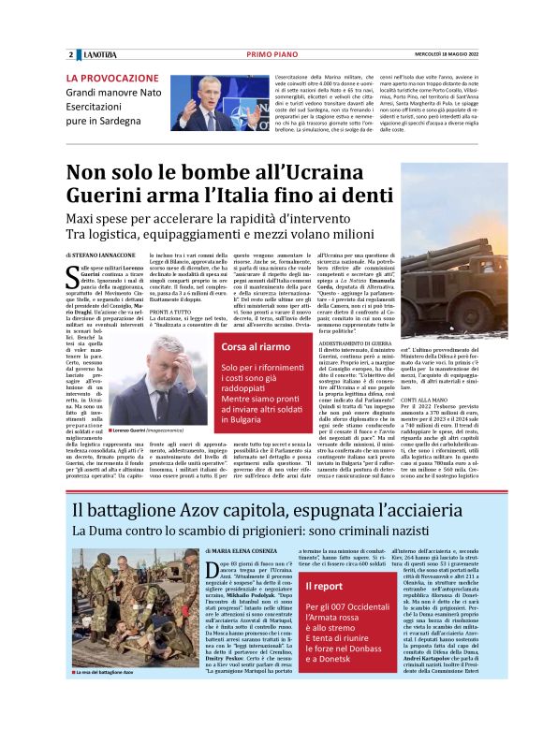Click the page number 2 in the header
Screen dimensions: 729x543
click(x=71, y=54)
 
